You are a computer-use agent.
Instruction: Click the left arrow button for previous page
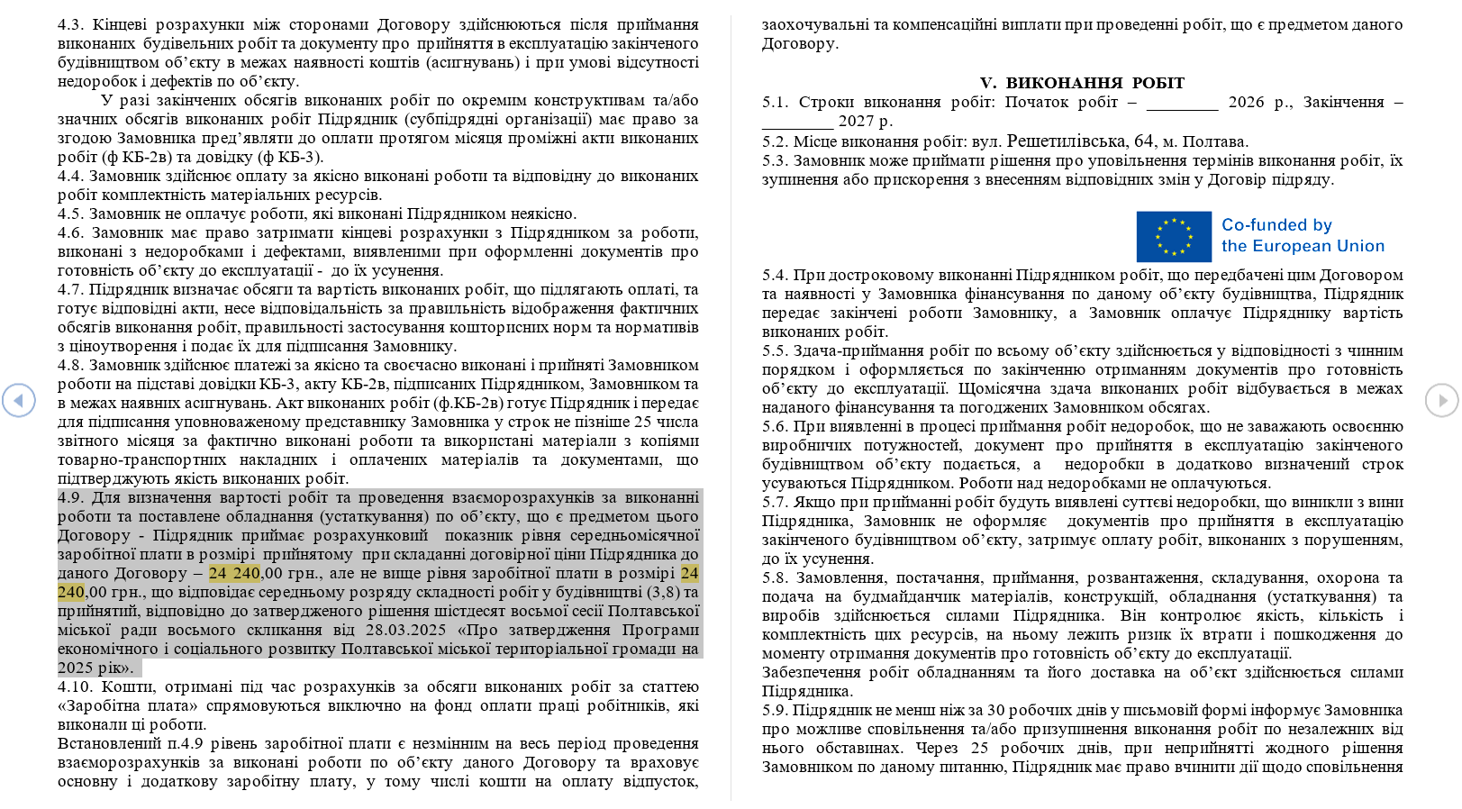19,400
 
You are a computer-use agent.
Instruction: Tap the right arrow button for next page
1441,400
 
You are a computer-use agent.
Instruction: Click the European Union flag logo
1173,236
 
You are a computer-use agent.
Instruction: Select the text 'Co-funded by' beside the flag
1276,225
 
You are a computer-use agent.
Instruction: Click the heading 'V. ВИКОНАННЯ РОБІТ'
1082,83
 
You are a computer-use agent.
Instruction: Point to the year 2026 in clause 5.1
1246,103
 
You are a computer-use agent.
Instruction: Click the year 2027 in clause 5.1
856,122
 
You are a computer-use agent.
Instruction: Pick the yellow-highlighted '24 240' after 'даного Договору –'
234,574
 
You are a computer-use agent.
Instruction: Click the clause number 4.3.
70,25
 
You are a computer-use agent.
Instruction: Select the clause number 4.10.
74,687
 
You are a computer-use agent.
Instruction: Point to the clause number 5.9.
775,711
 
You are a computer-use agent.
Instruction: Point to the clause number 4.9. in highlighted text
71,498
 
